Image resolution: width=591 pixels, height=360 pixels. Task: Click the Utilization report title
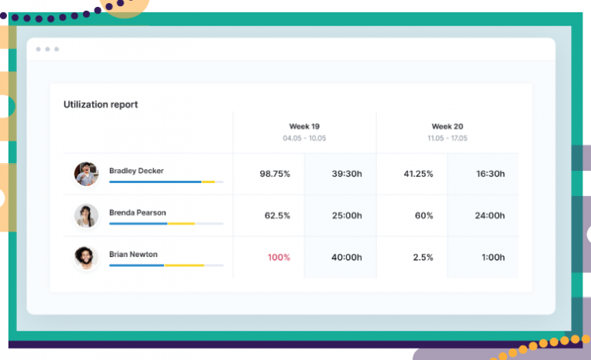101,105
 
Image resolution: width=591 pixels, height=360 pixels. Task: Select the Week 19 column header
305,126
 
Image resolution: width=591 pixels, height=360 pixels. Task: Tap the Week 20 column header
447,126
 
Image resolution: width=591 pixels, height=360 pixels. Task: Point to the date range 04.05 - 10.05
305,138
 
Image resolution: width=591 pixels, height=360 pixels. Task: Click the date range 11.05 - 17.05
447,138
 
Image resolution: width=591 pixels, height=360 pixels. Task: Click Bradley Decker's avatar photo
86,174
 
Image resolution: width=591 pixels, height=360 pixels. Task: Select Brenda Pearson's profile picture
86,215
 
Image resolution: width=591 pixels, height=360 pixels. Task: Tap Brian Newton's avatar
86,257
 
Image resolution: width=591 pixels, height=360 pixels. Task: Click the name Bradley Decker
136,171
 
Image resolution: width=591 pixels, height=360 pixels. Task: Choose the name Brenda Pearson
138,212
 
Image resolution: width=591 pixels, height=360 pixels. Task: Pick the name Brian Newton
134,254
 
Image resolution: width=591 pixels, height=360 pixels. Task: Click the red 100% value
279,257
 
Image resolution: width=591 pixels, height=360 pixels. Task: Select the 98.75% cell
275,174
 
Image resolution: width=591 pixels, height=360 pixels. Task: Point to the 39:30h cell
346,174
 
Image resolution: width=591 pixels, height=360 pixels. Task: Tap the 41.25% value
419,174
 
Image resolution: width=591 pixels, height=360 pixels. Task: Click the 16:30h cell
490,174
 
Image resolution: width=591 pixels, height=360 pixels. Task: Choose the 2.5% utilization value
423,257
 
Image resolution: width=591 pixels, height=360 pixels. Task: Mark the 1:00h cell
492,257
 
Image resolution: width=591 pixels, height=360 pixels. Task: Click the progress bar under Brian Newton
166,265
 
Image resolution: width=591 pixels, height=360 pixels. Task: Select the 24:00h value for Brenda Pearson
490,215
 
